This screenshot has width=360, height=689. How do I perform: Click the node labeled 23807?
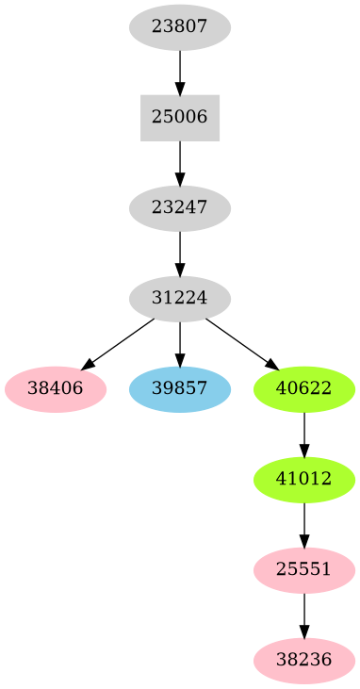[x=179, y=27]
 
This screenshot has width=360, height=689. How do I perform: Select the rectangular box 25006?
[x=179, y=118]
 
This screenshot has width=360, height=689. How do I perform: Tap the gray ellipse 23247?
[x=179, y=208]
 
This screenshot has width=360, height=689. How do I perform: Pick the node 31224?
[x=179, y=299]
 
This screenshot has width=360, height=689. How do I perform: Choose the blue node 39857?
[x=179, y=389]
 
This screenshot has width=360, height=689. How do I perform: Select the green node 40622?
[x=303, y=389]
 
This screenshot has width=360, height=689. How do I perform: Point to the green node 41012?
[x=303, y=480]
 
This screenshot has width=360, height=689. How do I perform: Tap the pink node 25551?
[x=303, y=570]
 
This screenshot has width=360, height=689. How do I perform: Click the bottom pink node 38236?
[x=303, y=661]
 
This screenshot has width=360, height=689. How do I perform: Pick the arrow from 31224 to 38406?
[x=119, y=343]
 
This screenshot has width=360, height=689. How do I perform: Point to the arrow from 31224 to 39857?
[x=179, y=344]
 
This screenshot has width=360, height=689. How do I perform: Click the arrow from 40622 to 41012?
[x=303, y=435]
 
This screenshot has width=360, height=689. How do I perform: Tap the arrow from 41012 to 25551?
[x=303, y=525]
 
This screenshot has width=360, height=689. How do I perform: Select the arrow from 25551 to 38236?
[x=303, y=615]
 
